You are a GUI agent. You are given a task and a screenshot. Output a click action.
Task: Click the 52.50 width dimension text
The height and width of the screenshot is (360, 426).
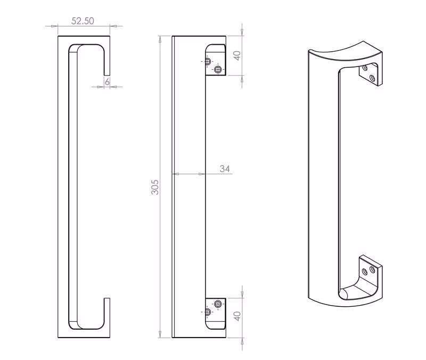click(x=83, y=21)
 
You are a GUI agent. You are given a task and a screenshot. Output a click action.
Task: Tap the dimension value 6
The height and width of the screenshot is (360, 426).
click(x=108, y=81)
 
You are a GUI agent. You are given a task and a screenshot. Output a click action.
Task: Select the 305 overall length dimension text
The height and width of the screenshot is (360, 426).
click(x=155, y=187)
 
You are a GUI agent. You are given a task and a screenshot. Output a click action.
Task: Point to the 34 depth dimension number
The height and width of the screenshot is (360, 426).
click(x=225, y=169)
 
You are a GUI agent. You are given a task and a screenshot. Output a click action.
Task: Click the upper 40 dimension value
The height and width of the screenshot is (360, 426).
click(x=237, y=56)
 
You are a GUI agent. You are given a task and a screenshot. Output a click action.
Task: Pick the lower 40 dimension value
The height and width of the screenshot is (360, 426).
click(x=237, y=316)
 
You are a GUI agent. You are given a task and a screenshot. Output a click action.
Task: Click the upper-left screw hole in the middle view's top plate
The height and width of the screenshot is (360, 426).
click(x=208, y=61)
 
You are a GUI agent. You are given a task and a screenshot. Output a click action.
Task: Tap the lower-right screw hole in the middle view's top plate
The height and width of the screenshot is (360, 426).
click(x=218, y=69)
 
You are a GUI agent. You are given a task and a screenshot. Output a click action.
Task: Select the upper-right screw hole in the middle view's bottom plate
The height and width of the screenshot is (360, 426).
click(x=218, y=304)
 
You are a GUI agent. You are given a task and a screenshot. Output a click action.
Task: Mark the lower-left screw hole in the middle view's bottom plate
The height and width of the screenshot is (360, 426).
click(x=208, y=312)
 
